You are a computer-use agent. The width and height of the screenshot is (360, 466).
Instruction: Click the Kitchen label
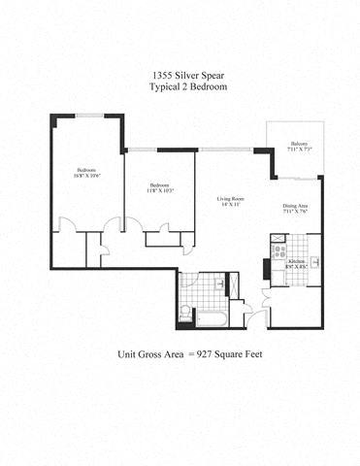click(297, 263)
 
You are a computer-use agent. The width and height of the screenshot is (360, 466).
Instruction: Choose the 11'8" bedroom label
click(160, 187)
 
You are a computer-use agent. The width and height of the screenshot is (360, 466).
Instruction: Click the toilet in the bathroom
click(185, 311)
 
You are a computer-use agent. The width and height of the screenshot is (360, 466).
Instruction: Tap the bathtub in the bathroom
click(211, 315)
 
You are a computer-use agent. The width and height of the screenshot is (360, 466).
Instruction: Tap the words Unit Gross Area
click(149, 355)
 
